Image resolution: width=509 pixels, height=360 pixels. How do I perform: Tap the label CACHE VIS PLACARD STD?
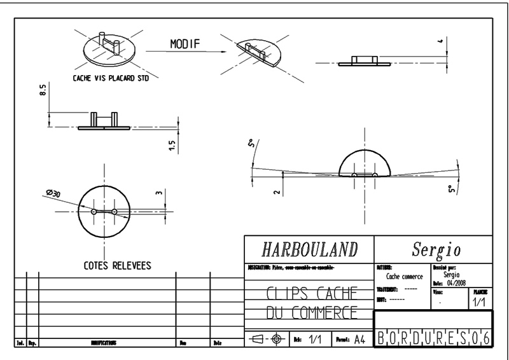(112, 81)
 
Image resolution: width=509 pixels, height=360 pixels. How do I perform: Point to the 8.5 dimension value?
(43, 92)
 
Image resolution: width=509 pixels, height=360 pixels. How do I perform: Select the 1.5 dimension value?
(172, 146)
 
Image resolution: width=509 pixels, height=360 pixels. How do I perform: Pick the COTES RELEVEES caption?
(117, 266)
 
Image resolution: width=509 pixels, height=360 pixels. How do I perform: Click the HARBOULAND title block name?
(310, 248)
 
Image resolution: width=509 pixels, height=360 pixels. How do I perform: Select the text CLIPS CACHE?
(310, 293)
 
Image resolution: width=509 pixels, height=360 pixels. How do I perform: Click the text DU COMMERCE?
(310, 313)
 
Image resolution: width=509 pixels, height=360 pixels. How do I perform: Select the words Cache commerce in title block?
(404, 277)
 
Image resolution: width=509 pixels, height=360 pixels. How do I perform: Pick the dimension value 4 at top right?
(440, 42)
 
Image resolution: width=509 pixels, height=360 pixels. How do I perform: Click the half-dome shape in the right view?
(363, 163)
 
